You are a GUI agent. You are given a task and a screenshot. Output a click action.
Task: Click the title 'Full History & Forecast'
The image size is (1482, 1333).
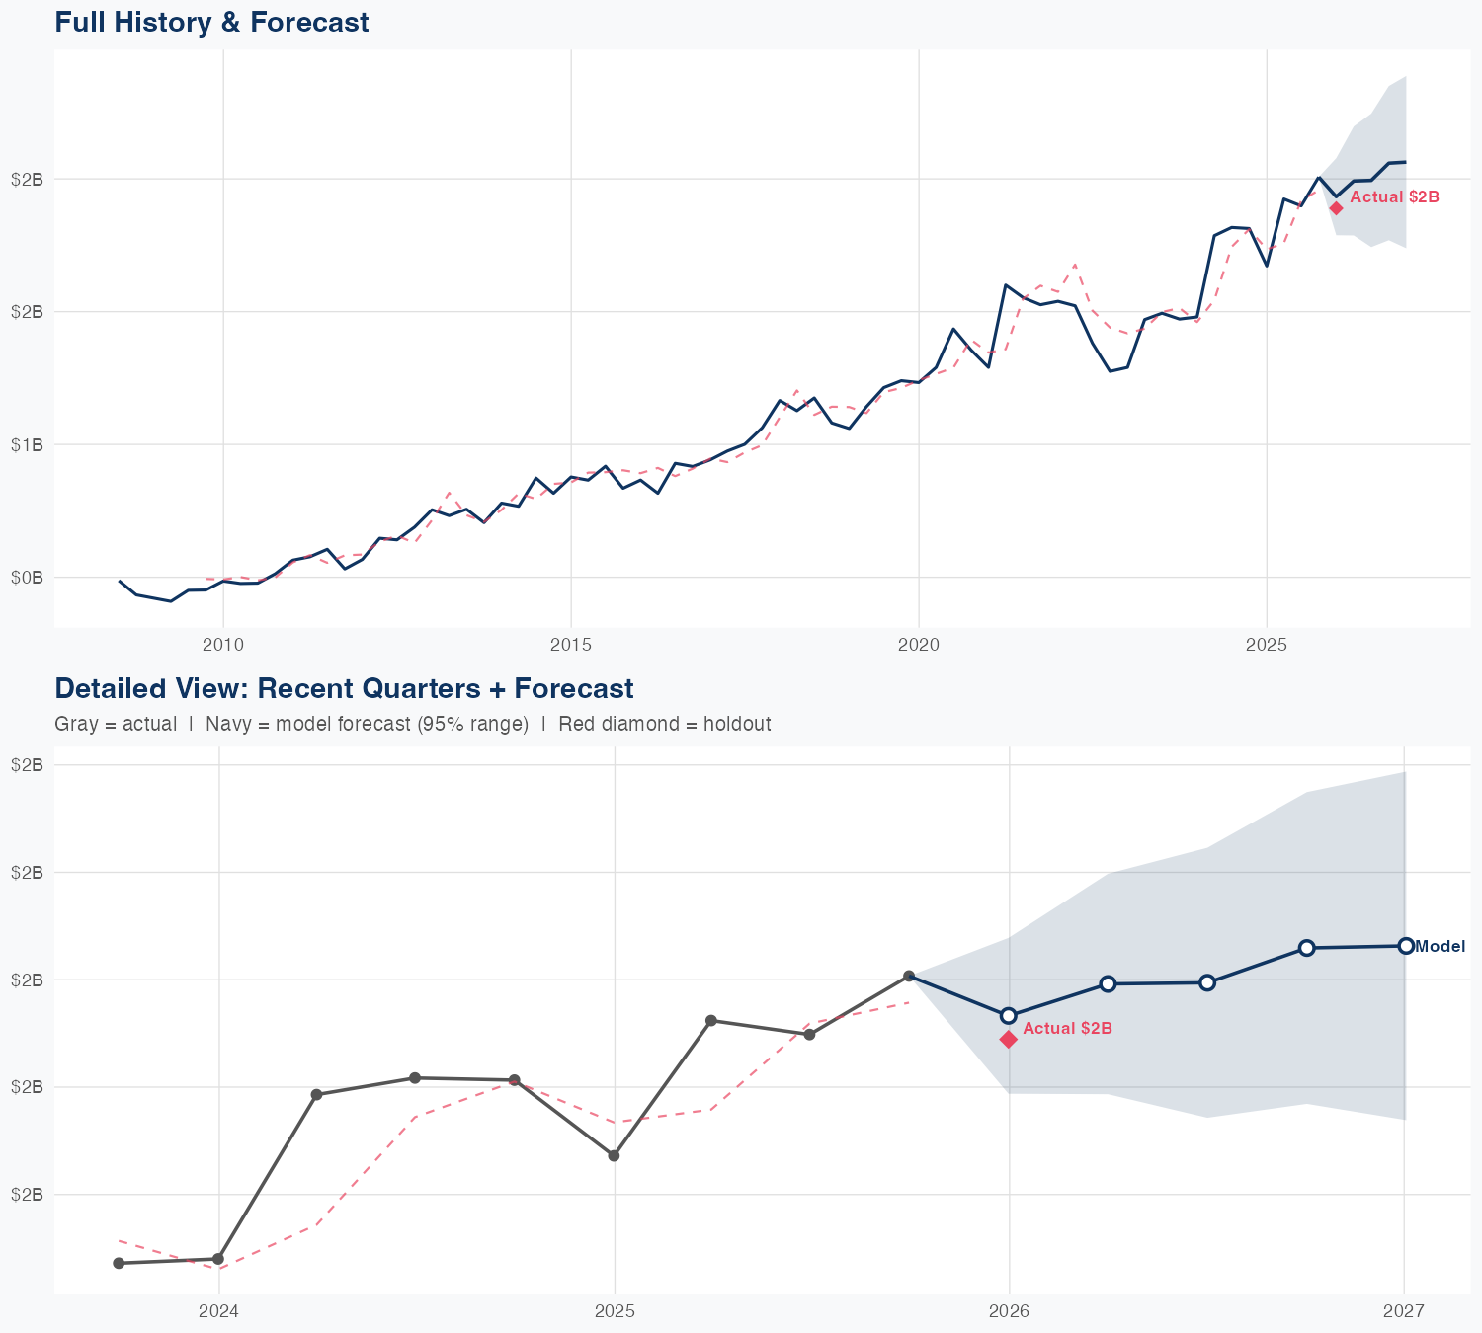point(211,22)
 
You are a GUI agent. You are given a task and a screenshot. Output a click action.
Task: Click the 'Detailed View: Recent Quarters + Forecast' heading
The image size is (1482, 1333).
point(344,688)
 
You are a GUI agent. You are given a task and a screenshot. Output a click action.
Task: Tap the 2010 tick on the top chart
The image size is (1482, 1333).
point(223,645)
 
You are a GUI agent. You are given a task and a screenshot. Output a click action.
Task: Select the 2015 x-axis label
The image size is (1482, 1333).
point(570,645)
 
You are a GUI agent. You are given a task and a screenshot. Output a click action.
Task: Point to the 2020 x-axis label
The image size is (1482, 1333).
point(918,645)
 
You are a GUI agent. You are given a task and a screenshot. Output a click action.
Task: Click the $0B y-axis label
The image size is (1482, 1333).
point(27,577)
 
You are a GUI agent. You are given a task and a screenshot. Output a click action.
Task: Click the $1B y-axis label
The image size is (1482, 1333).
point(27,444)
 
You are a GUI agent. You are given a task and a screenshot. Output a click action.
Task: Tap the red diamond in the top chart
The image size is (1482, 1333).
point(1336,207)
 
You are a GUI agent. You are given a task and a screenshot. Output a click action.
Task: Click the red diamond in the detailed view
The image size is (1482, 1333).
point(1009,1039)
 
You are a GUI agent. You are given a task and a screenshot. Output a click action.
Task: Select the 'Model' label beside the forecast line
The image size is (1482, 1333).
point(1440,947)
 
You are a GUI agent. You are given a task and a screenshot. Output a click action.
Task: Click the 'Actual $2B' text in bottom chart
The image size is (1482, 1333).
point(1067,1029)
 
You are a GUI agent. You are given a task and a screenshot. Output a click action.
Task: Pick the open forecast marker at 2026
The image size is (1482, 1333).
point(1009,1015)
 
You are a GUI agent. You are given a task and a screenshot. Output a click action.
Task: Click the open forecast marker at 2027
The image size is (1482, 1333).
point(1405,946)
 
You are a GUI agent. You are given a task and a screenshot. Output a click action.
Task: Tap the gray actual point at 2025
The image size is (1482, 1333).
point(614,1155)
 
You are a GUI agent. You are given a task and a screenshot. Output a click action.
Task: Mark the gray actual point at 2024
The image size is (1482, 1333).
point(218,1259)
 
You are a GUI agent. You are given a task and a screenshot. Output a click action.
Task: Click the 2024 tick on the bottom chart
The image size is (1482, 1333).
point(218,1311)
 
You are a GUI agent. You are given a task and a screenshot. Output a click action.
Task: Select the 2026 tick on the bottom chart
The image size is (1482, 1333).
point(1009,1311)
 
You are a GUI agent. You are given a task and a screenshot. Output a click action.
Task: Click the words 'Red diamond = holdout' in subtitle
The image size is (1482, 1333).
point(664,724)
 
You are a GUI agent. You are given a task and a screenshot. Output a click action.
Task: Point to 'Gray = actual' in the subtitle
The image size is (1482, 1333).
point(116,724)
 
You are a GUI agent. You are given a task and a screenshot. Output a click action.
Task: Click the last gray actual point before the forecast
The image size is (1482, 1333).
point(909,976)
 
